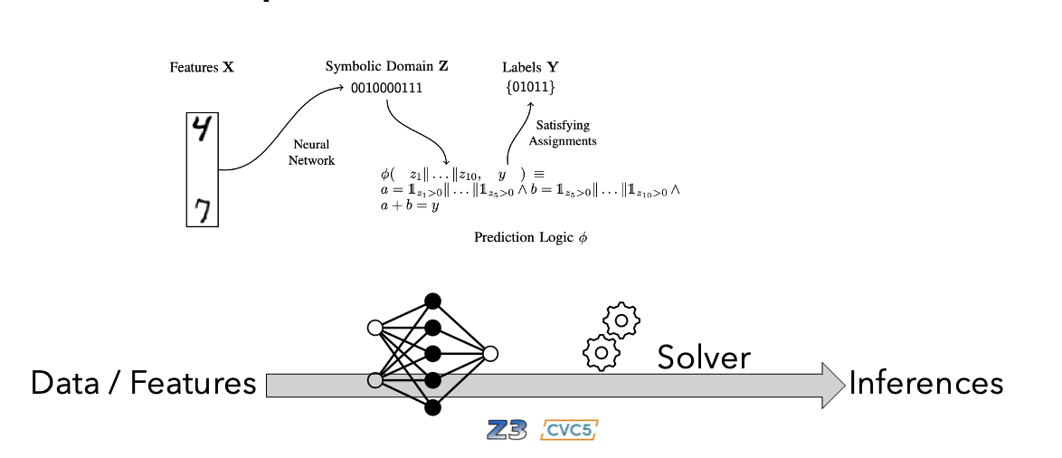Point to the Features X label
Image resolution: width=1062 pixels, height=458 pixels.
(x=202, y=68)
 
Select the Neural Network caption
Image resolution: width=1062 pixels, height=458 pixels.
(x=314, y=153)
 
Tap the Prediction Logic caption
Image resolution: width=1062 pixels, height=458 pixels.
(x=530, y=237)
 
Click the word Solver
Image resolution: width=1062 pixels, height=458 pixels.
(x=704, y=357)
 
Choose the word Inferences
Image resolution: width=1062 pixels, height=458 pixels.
(x=925, y=383)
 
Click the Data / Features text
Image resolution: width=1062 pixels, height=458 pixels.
(x=144, y=384)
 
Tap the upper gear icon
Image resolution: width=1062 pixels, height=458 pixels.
(x=621, y=320)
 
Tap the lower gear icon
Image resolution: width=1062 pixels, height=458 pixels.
(x=599, y=351)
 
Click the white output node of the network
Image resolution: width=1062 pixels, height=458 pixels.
(x=491, y=354)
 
